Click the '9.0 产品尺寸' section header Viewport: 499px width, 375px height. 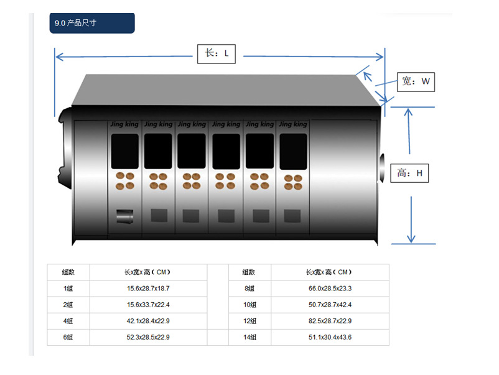92,23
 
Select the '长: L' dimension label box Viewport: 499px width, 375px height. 217,53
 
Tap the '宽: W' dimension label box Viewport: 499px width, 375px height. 416,81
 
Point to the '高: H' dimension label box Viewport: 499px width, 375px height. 409,173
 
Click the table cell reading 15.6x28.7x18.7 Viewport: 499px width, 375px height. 148,289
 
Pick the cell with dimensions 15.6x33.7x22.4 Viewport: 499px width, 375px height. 148,305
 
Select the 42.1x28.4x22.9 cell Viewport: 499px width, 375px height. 148,321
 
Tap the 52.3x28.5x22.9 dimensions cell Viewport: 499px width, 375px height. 148,337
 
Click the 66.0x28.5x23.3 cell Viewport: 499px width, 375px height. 330,289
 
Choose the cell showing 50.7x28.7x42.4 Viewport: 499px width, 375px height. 330,305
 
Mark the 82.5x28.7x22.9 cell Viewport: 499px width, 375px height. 330,321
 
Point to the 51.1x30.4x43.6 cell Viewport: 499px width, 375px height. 330,337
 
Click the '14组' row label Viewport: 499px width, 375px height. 250,337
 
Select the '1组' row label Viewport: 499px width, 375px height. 68,289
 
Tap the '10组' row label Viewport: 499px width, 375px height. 250,305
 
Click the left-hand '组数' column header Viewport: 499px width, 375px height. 68,272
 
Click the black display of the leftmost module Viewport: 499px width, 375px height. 124,151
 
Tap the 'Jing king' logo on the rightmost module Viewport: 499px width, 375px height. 293,124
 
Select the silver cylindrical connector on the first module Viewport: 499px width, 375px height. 124,216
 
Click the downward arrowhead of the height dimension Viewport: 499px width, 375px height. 411,239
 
